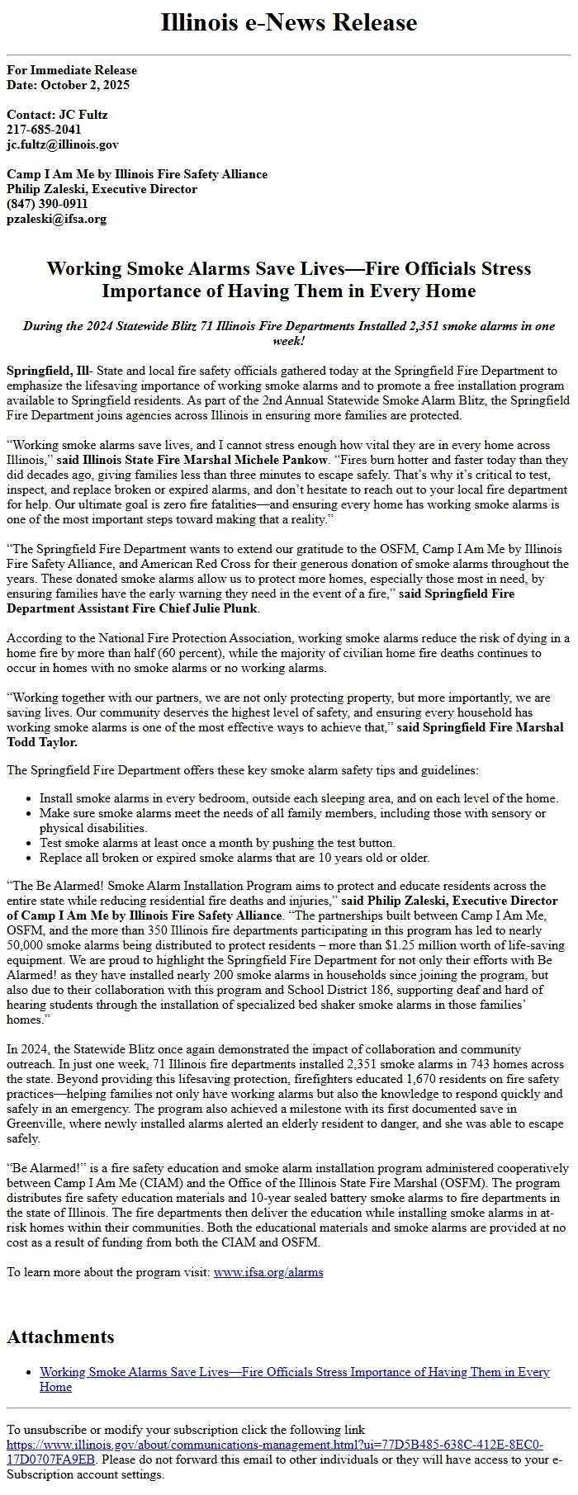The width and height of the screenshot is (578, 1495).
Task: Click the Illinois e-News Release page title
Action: click(289, 23)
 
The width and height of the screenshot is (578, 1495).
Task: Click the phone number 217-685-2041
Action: click(44, 130)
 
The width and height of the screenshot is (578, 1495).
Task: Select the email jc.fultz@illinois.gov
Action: click(63, 144)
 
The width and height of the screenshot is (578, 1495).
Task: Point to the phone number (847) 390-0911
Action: click(47, 204)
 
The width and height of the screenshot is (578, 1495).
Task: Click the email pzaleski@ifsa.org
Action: click(56, 219)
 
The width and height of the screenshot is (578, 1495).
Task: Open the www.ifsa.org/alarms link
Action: click(268, 1272)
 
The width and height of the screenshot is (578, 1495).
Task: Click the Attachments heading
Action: click(60, 1337)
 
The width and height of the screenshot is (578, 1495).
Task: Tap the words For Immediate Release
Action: click(72, 70)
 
